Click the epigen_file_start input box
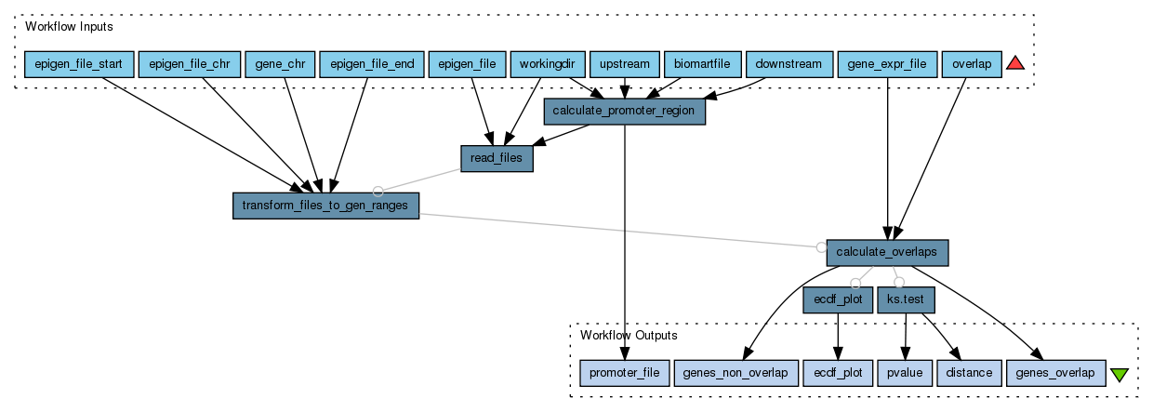[x=78, y=64]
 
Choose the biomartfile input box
[x=702, y=64]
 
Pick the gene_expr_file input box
[x=887, y=64]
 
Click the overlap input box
[x=971, y=64]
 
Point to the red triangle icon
[x=1015, y=63]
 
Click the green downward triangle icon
[x=1120, y=374]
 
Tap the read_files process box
[x=497, y=158]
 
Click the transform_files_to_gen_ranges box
[x=325, y=206]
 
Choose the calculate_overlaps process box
[x=887, y=252]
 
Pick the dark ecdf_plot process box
[x=838, y=299]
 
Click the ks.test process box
[x=906, y=299]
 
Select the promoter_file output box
[x=624, y=373]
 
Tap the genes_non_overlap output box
[x=735, y=373]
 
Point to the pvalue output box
[x=904, y=373]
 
